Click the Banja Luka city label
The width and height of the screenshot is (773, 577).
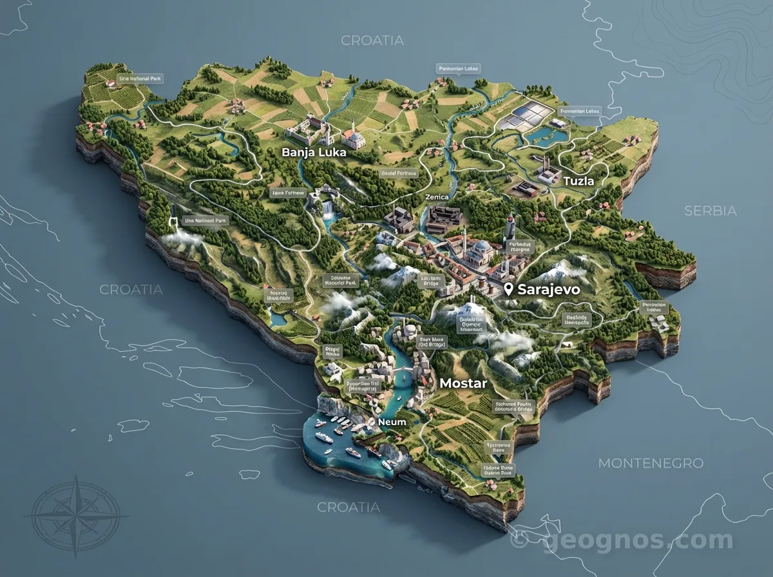[x=314, y=153]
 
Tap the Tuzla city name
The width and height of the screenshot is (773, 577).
[x=578, y=182]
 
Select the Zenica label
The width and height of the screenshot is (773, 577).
[x=437, y=197]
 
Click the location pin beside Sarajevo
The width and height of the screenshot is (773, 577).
[x=509, y=290]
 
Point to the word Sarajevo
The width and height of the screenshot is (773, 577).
[x=549, y=290]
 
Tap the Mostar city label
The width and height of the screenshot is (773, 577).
[x=463, y=383]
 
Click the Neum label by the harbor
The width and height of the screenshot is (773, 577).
[x=392, y=422]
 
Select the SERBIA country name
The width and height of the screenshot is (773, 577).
[x=711, y=211]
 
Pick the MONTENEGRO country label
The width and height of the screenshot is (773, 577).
[x=651, y=463]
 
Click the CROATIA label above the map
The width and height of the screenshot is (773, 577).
[x=372, y=41]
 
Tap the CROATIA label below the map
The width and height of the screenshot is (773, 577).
[x=348, y=507]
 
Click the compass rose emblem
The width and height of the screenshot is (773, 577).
[x=75, y=516]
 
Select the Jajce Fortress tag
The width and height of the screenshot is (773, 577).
[x=287, y=193]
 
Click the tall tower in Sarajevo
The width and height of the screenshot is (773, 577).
[x=510, y=226]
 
